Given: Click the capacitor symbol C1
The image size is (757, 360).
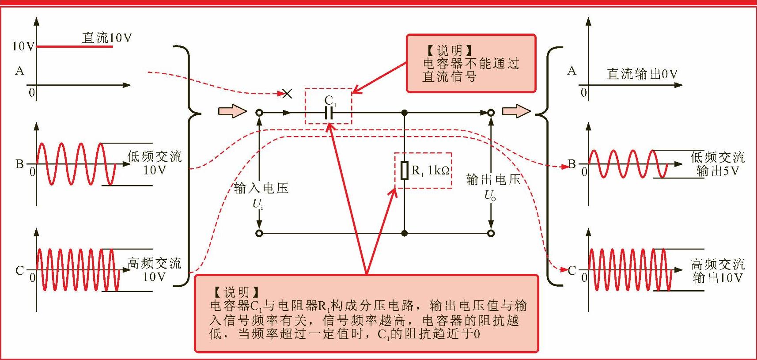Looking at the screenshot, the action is coord(329,113).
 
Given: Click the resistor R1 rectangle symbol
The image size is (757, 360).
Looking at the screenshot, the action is coord(404,171).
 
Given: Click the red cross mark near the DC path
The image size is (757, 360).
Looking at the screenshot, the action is coord(287,93).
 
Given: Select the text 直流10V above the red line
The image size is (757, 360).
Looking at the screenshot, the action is coord(107,38).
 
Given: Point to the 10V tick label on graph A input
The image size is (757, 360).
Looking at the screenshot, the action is coord(23,46).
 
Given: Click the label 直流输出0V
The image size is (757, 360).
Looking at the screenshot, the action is coord(642,74).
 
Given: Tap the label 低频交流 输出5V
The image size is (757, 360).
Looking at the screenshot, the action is coord(717,164).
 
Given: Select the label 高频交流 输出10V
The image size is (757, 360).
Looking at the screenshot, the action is coord(717,271).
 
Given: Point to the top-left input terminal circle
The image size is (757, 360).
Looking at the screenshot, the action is coord(259,113).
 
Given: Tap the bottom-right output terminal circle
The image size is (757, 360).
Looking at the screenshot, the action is coord(491,233).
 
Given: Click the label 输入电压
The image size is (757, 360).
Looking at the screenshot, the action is coord(261,188).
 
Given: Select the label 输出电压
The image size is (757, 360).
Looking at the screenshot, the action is coord(493,179).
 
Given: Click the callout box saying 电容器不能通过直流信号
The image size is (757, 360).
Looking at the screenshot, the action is coord(471,64).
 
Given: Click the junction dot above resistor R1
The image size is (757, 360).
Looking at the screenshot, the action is coord(404,113).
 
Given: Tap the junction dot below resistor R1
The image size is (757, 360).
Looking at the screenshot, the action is coord(404,233).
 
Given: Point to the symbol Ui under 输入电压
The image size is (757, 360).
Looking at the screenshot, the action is coord(258,204).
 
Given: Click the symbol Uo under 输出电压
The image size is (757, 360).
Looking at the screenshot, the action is coord(490,195).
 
